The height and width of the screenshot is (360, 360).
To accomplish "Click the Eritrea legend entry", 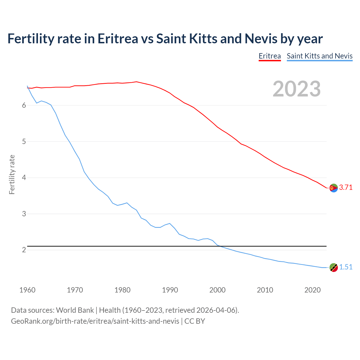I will tap(270, 56).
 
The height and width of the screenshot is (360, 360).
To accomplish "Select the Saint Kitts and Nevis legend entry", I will tap(319, 56).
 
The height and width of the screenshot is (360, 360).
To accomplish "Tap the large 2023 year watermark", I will tap(297, 89).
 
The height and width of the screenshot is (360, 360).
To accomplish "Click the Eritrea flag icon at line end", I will tap(334, 188).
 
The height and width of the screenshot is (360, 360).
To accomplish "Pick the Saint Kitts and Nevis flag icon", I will tap(334, 267).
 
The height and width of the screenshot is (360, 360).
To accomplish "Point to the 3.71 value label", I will tap(346, 188).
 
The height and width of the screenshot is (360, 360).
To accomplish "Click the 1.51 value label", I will tap(346, 267).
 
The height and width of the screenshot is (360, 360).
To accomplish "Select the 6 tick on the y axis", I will tap(24, 105).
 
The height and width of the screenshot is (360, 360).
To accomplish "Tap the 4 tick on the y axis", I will tap(24, 178).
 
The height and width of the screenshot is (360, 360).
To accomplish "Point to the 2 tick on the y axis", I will tap(24, 250).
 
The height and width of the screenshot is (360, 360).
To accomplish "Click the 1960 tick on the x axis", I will tap(27, 290).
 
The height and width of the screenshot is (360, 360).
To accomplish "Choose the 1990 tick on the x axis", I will tap(170, 290).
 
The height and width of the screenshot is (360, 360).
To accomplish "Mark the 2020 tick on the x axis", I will tap(312, 290).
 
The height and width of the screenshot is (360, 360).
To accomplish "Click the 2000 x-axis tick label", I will tap(217, 290).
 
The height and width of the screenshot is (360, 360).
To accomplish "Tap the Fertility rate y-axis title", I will tap(12, 174).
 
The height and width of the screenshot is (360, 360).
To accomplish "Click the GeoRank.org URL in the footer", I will tap(95, 321).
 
